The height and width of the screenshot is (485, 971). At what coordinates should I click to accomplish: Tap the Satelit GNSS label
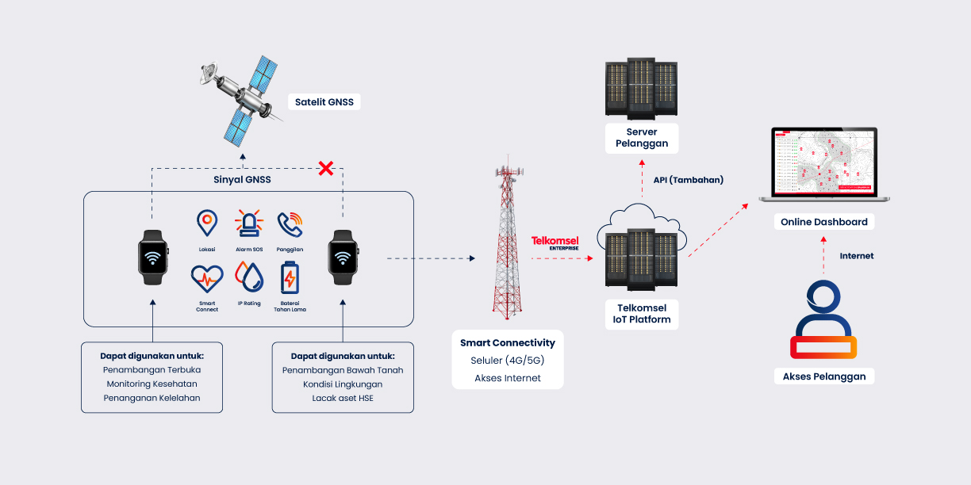coord(324,101)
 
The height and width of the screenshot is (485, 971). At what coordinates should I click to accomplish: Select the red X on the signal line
coord(325,168)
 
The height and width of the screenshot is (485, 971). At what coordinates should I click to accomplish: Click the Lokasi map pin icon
coord(207,223)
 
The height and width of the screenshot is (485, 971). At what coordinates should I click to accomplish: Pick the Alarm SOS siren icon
coord(248,223)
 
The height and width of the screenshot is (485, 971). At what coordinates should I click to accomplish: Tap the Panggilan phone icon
coord(290,224)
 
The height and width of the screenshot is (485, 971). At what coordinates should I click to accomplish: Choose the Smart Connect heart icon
coord(207,279)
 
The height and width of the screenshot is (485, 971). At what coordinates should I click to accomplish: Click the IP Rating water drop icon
coord(249,277)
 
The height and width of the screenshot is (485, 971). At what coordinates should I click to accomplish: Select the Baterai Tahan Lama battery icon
coord(290,279)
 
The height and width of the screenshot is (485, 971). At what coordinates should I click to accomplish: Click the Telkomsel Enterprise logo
coord(555,242)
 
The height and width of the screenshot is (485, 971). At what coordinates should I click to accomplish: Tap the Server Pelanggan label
coord(642,138)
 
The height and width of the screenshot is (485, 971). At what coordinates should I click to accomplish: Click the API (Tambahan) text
coord(688,180)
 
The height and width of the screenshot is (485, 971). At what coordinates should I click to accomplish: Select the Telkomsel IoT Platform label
coord(642,313)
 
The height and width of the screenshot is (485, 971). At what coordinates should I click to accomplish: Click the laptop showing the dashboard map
coord(823,165)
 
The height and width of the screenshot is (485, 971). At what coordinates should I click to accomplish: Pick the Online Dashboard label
coord(823,222)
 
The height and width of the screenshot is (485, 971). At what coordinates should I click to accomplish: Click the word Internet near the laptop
coord(856,256)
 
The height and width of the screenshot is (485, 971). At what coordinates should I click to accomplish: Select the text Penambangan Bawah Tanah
coord(343,370)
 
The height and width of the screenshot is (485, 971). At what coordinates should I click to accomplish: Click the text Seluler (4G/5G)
coord(508,361)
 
